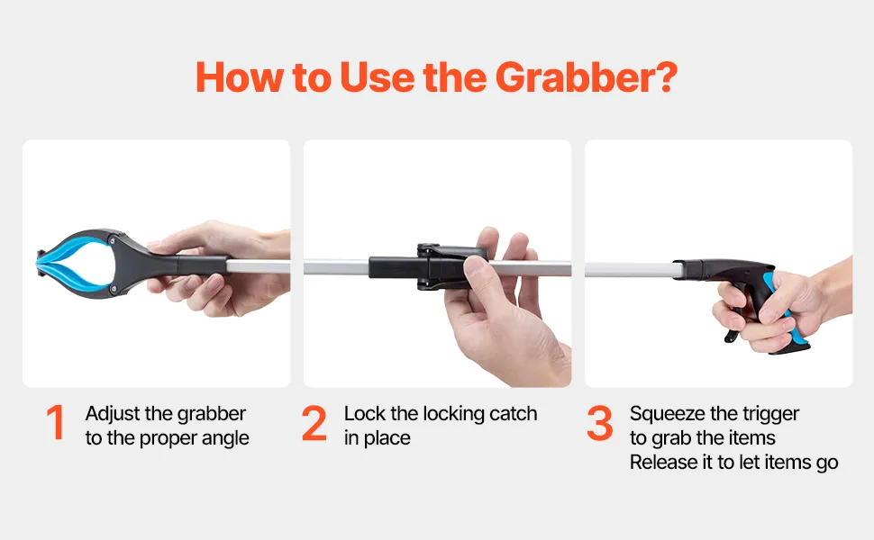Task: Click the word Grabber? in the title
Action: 586,77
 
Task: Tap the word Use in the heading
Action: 377,77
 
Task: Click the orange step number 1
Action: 56,422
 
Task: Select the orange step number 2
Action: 314,423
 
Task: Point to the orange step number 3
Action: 600,423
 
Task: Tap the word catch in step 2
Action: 514,414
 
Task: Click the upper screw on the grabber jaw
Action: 114,240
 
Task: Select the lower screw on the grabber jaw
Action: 114,289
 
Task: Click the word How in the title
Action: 240,77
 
